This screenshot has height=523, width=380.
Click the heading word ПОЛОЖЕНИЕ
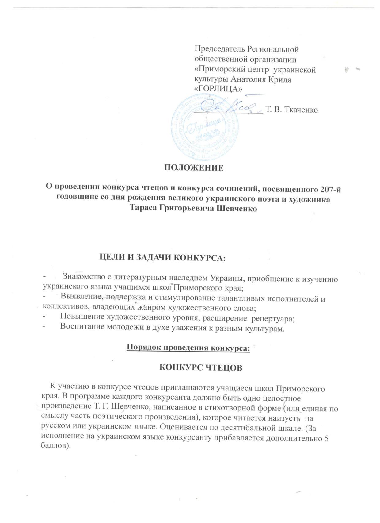tap(193, 168)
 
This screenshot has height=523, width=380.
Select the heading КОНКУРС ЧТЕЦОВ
tap(201, 368)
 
